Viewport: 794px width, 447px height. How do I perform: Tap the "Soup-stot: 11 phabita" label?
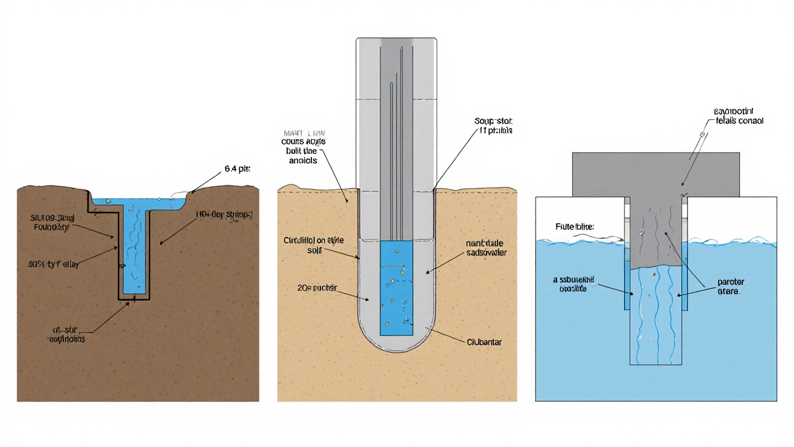[492, 126]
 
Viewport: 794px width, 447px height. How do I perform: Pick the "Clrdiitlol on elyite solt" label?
[313, 244]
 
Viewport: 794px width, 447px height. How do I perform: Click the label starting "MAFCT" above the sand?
[303, 147]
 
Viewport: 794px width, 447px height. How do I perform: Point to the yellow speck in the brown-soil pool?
[108, 201]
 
